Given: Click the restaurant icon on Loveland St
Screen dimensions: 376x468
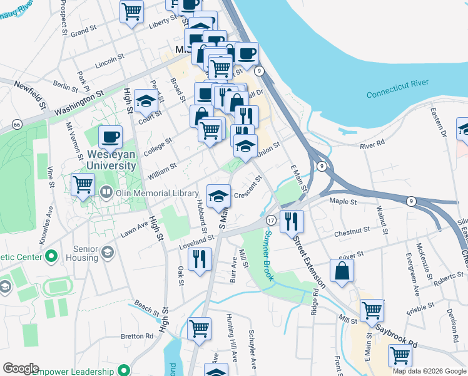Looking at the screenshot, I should (x=200, y=259).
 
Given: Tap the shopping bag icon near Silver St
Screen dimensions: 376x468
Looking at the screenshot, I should (x=342, y=271).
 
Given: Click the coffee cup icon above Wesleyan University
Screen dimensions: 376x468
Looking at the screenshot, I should (x=110, y=136).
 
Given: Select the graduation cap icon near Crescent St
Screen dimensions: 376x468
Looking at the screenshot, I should (x=218, y=196).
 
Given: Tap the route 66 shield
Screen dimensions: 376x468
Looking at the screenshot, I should (x=18, y=125).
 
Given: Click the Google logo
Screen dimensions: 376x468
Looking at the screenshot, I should (x=21, y=368).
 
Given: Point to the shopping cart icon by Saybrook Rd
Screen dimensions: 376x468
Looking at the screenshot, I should (x=400, y=355).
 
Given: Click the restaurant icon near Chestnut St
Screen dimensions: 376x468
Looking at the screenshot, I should (x=292, y=221).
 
